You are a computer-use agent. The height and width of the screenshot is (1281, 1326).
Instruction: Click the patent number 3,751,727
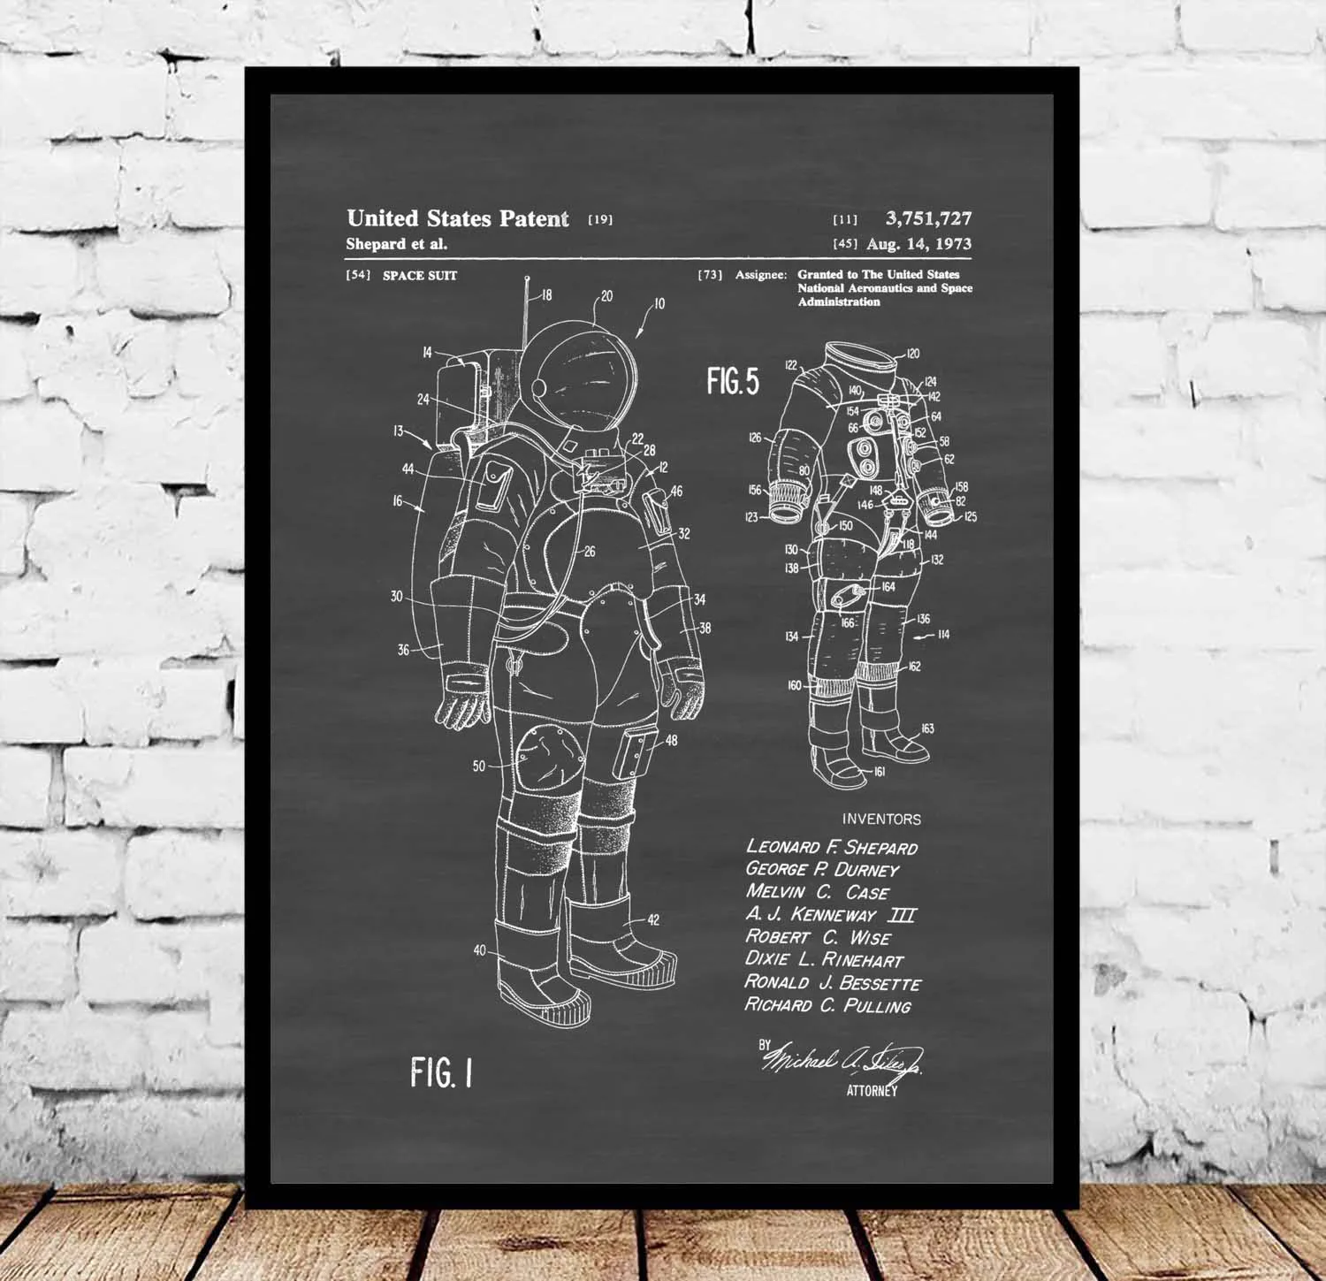928,218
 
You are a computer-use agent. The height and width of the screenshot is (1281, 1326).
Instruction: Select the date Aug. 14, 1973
918,244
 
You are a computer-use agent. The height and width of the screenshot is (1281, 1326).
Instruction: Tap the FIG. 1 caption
441,1072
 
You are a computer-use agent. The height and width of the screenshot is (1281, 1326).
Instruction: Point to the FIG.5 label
732,381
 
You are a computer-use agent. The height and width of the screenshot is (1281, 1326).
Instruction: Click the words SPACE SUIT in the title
420,276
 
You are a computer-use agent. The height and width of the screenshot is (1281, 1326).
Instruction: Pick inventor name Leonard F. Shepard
831,847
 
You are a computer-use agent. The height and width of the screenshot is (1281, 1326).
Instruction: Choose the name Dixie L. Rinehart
824,959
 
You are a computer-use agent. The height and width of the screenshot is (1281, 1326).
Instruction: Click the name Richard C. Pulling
827,1005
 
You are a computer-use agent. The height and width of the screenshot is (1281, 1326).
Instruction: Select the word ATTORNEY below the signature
872,1091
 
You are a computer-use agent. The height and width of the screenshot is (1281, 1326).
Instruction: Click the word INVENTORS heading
880,820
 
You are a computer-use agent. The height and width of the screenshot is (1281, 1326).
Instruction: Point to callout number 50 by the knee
479,766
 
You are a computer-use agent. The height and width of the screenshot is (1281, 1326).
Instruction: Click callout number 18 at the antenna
546,295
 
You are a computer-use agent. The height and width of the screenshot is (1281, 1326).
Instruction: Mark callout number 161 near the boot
879,772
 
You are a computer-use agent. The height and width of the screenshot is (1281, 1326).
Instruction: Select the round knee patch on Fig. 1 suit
550,759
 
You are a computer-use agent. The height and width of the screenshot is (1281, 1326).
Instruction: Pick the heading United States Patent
457,218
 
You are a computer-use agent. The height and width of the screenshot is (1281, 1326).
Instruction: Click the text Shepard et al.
396,245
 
